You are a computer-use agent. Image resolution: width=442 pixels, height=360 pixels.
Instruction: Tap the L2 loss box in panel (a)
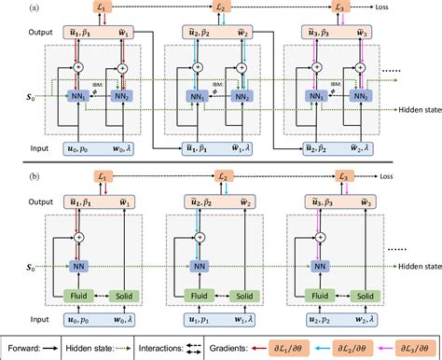221,8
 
